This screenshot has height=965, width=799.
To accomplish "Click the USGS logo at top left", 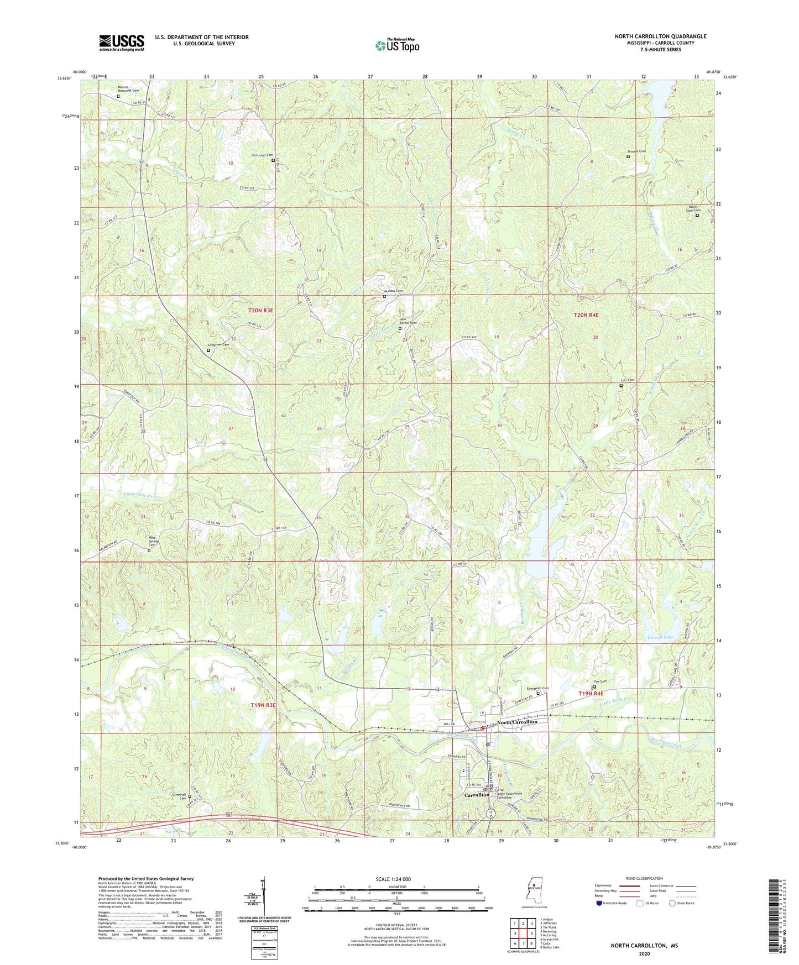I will pyautogui.click(x=122, y=42).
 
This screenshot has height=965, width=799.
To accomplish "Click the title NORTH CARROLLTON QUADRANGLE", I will pyautogui.click(x=660, y=36).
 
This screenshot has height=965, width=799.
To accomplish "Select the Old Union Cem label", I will pyautogui.click(x=262, y=155).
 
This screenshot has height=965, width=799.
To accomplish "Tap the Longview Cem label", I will pyautogui.click(x=218, y=344).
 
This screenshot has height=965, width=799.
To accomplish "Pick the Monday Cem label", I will pyautogui.click(x=393, y=291).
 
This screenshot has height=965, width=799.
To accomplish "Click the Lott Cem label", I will pyautogui.click(x=628, y=380).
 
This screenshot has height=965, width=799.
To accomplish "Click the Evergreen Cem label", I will pyautogui.click(x=537, y=688).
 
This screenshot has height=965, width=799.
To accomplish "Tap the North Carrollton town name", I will pyautogui.click(x=516, y=722).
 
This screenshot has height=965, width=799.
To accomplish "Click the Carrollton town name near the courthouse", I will pyautogui.click(x=477, y=795).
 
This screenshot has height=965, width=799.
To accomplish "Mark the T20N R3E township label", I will pyautogui.click(x=261, y=311).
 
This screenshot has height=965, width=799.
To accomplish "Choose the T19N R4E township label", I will pyautogui.click(x=591, y=693).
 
